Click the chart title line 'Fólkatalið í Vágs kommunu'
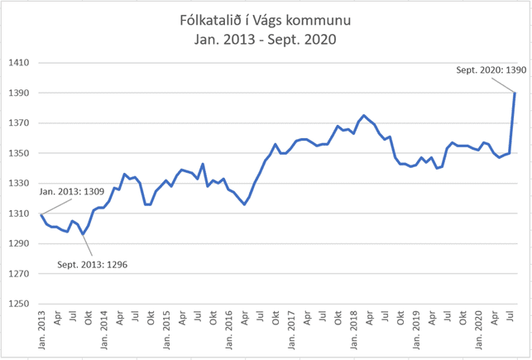(x=266, y=19)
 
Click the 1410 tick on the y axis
(x=19, y=63)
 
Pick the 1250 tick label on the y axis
(x=19, y=304)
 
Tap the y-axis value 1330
(x=19, y=184)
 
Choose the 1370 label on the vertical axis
(x=19, y=123)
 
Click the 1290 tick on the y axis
(x=19, y=244)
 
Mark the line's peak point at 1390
(x=515, y=93)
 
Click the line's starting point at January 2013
(x=41, y=215)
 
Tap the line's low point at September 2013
(x=83, y=235)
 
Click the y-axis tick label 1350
(x=19, y=154)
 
